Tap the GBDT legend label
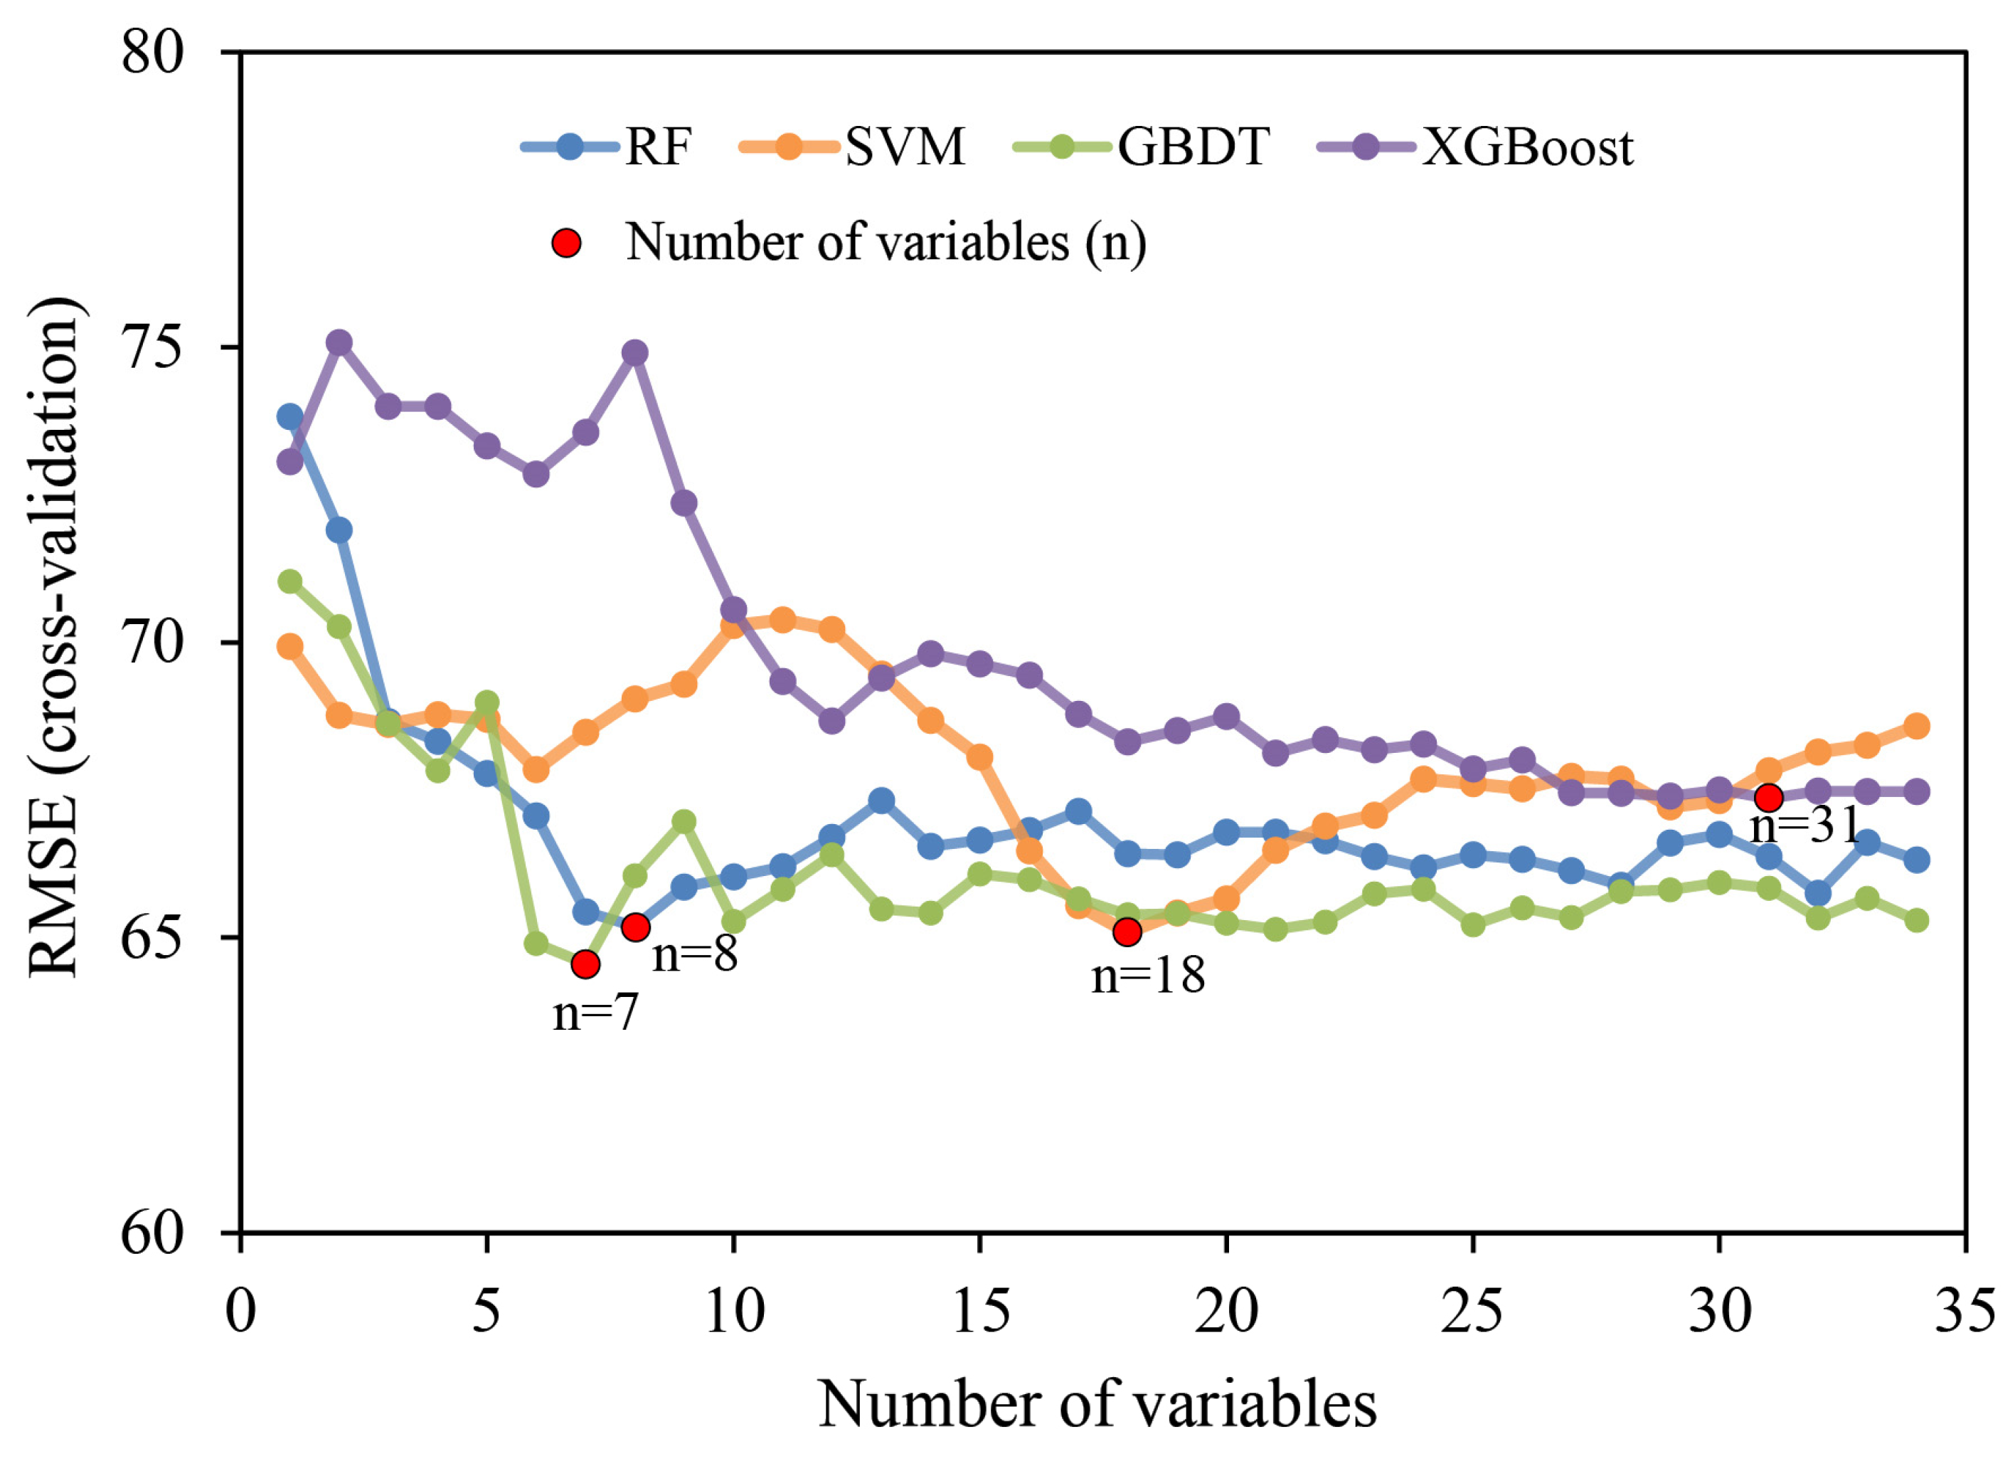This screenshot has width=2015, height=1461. (1193, 147)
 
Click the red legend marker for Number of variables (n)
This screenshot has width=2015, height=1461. (566, 243)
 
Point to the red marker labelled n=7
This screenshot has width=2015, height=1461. (585, 964)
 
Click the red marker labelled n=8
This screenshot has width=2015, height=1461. (635, 927)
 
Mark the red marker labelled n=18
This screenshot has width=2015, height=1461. (1127, 932)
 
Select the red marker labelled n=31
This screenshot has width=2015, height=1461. (1769, 797)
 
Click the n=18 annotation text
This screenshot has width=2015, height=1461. (1148, 976)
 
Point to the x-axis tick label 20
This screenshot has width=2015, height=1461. (1226, 1312)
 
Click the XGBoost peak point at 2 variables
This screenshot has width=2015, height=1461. (339, 342)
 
